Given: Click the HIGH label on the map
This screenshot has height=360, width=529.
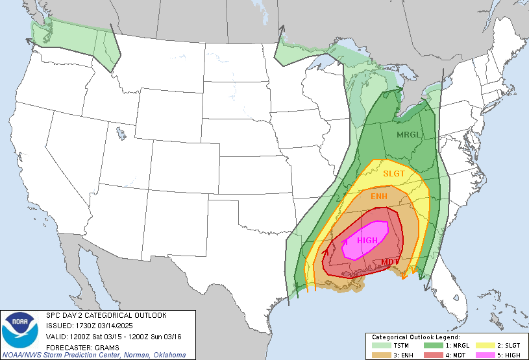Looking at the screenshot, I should tap(367, 241).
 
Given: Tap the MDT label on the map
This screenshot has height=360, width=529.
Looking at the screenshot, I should tap(390, 261).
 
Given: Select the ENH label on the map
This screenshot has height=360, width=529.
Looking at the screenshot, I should tap(379, 197).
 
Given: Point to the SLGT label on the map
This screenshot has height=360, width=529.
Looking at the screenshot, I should tap(393, 173).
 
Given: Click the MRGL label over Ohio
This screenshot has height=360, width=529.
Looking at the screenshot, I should tap(410, 134).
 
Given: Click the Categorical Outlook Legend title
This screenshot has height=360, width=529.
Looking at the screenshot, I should tap(415, 337).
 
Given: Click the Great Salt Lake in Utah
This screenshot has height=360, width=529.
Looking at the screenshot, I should tap(121, 134).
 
